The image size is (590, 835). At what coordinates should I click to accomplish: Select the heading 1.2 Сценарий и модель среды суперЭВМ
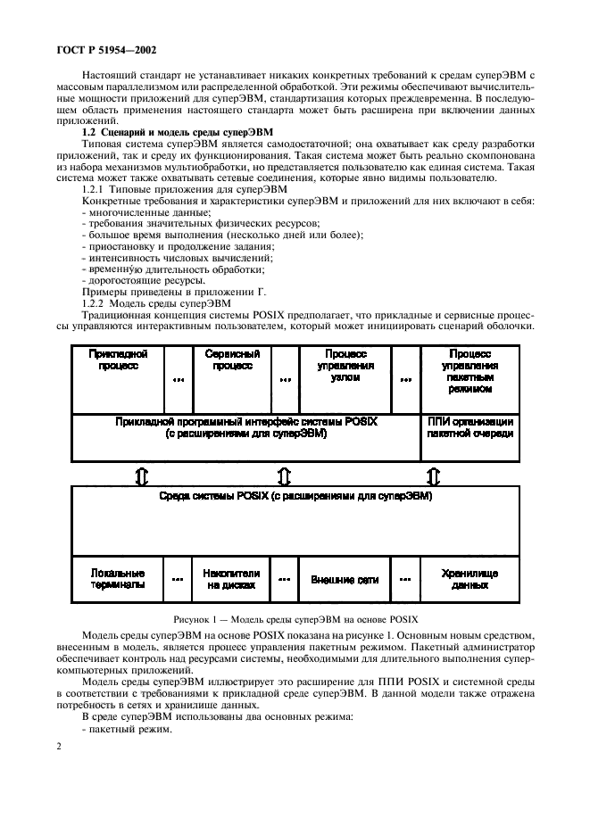click(167, 131)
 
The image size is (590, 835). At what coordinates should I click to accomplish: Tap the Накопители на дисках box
click(231, 579)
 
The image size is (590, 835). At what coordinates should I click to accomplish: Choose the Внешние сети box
click(345, 580)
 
